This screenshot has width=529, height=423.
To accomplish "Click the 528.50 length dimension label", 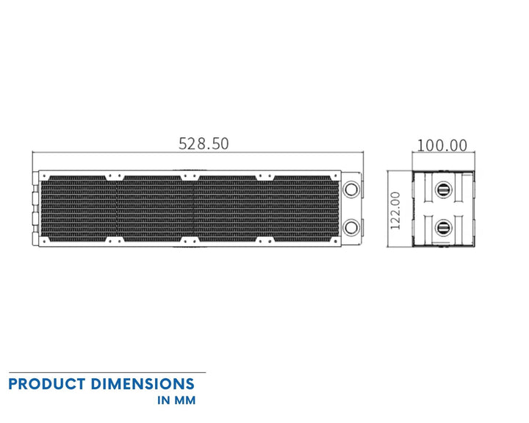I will (204, 143).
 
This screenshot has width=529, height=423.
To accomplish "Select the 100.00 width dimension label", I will (442, 145).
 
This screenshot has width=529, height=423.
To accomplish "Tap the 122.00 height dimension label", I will (395, 211).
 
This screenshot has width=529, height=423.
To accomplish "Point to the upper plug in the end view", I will (442, 189).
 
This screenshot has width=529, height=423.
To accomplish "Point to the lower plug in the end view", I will (442, 227).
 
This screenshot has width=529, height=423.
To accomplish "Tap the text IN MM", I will (176, 401).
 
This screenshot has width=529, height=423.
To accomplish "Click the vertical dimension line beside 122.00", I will (387, 211).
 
